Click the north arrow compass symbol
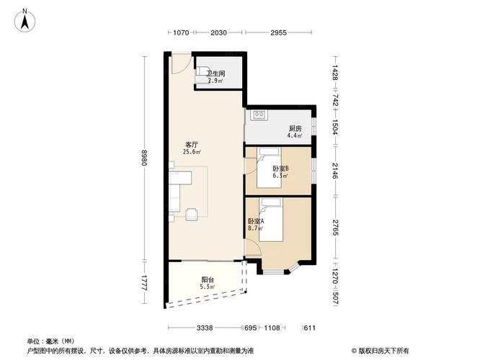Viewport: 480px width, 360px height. coord(25,20)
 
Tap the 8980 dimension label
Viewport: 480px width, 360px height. coord(144,157)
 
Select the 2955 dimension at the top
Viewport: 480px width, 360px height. coord(278,32)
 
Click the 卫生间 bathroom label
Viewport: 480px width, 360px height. coord(215,73)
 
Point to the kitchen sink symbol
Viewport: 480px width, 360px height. coord(259,114)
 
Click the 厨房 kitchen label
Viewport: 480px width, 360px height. coord(295,128)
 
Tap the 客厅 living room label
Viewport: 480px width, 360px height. coord(192,145)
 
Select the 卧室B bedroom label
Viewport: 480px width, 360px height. coord(280,168)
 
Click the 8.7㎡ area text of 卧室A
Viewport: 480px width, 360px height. coord(256,228)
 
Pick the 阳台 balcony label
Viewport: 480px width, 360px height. coord(208,279)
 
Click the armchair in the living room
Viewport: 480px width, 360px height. coord(192,214)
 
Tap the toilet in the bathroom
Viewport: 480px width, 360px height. coord(202,75)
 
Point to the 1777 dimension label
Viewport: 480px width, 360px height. coord(144,282)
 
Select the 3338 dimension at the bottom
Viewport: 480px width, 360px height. coord(205,328)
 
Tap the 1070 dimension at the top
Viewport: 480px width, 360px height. coord(181,32)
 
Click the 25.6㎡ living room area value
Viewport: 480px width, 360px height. coord(192,152)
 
